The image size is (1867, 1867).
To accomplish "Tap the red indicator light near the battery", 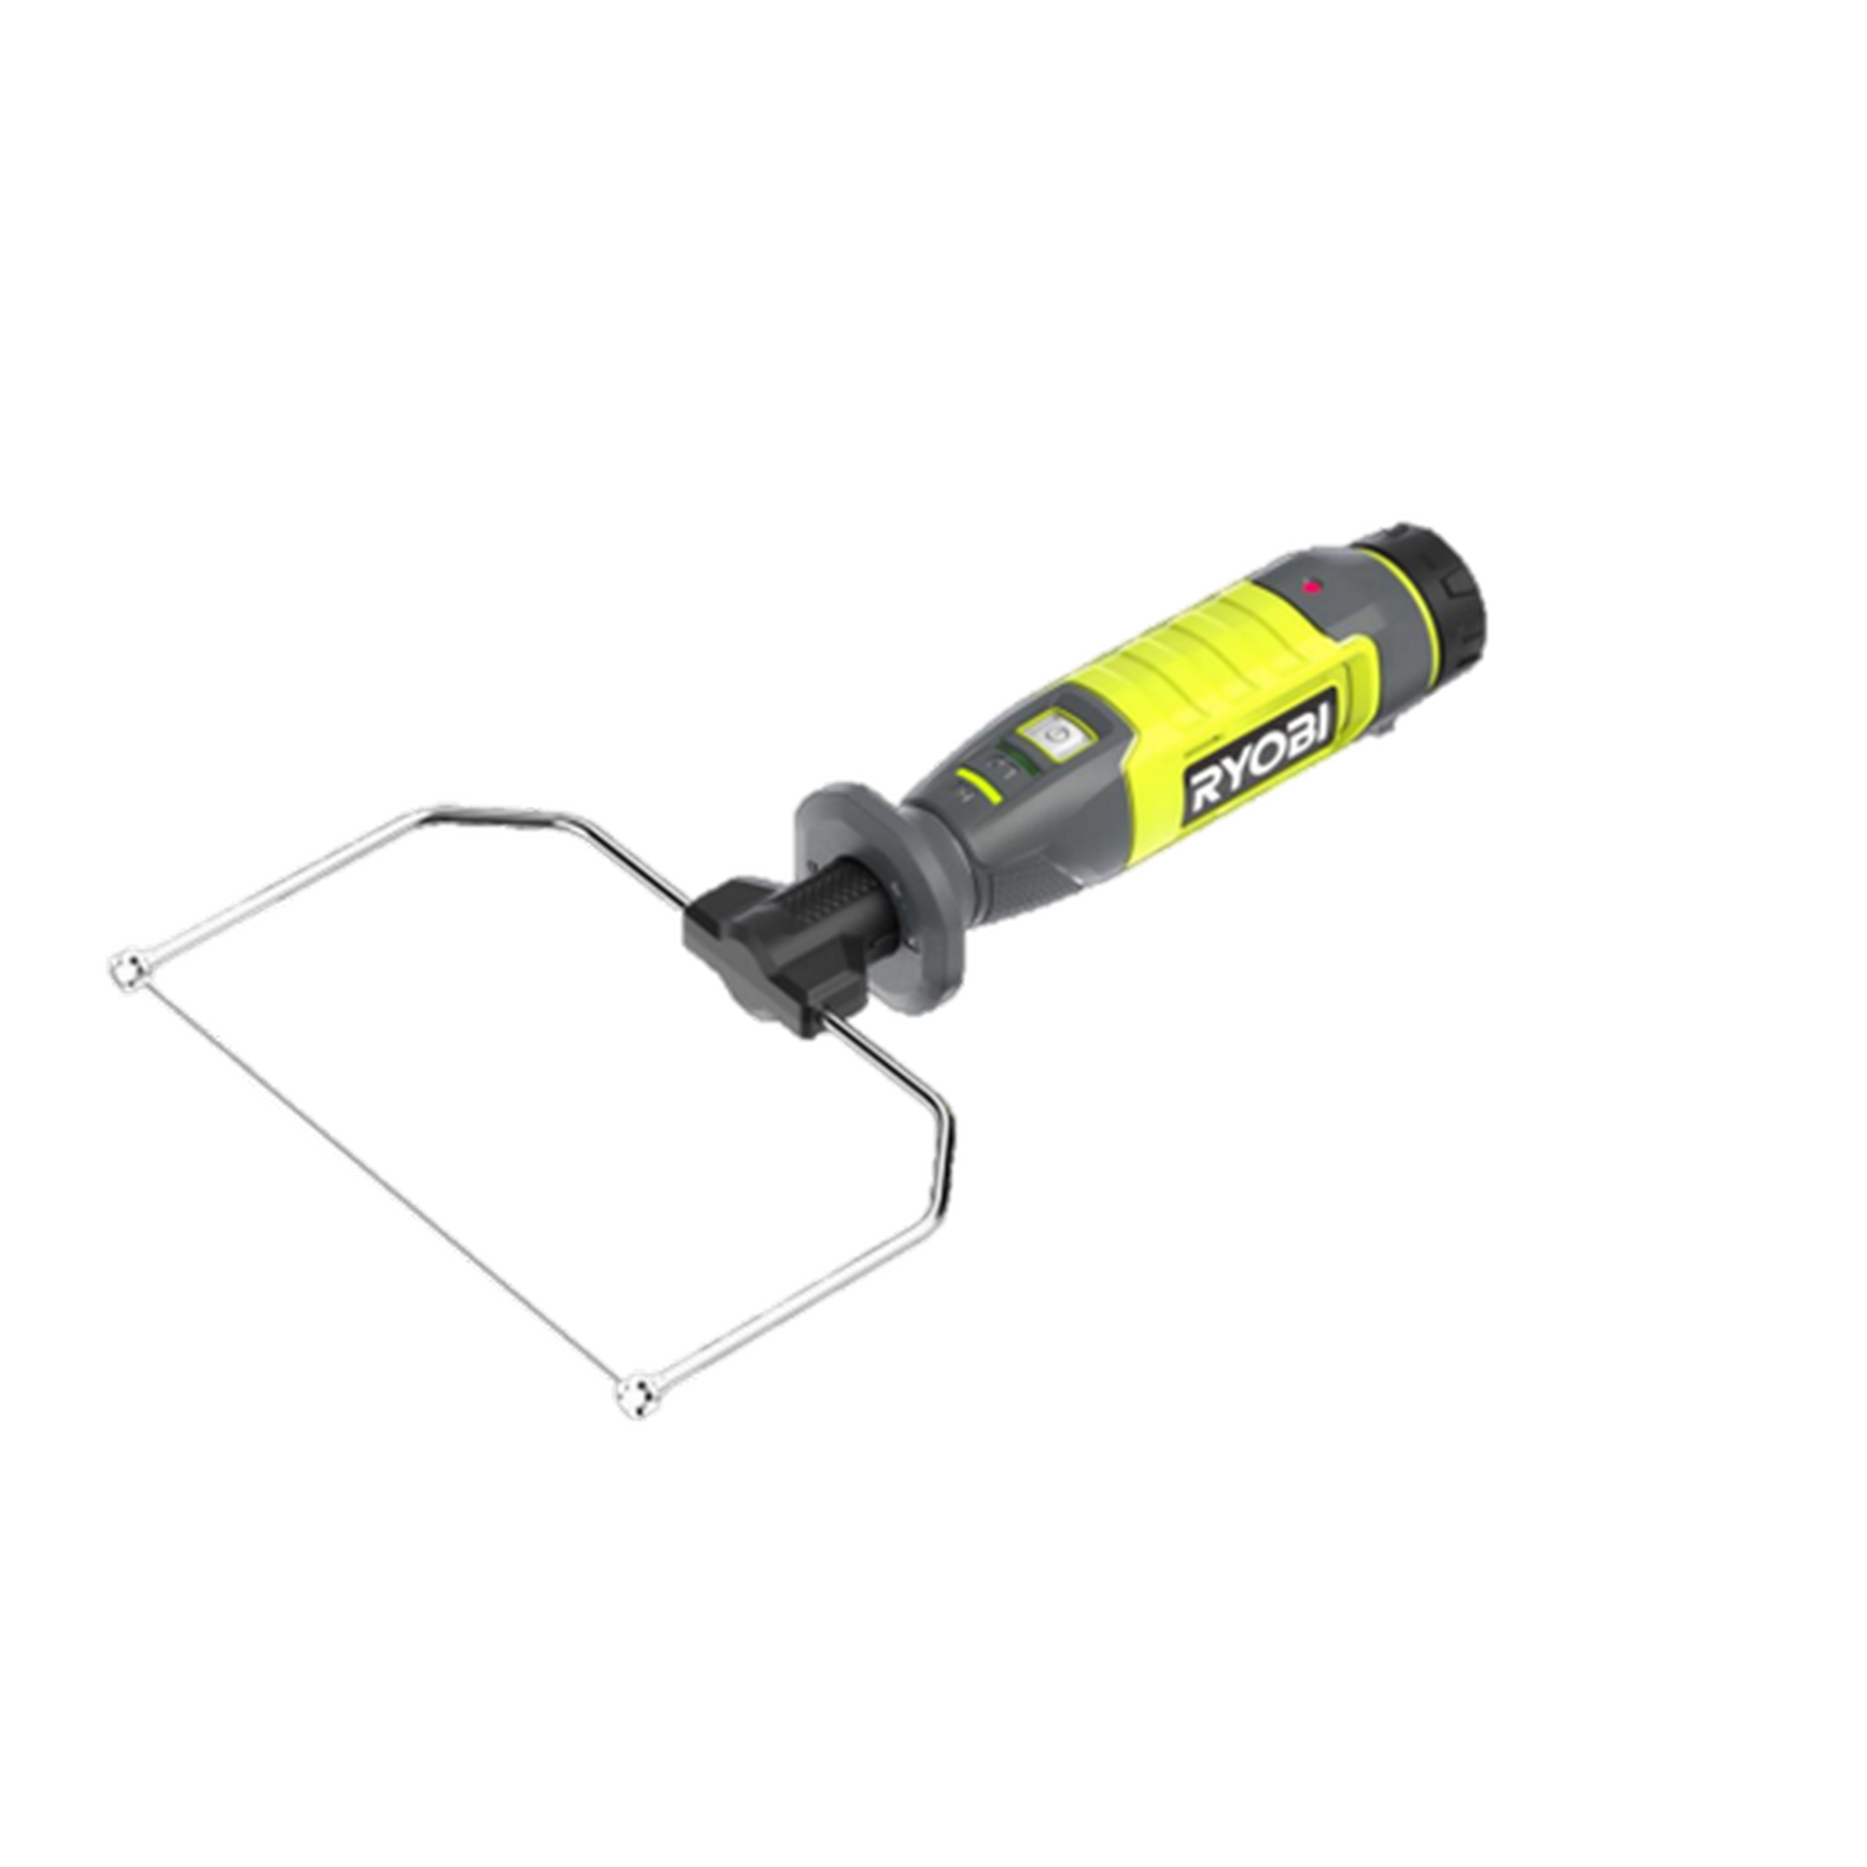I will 1312,585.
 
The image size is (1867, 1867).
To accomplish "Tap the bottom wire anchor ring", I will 634,1394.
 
